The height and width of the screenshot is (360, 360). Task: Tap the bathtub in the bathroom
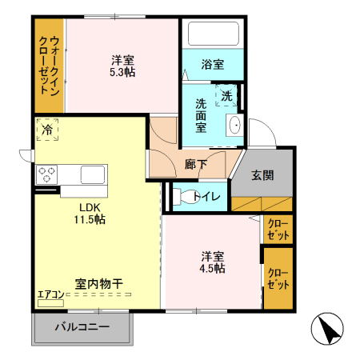[x=212, y=34]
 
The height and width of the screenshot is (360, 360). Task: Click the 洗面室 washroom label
[x=202, y=114]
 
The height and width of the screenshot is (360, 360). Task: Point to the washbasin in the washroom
[x=234, y=126]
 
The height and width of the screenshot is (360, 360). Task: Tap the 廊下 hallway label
[x=196, y=165]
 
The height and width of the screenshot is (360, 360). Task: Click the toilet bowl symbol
[x=182, y=196]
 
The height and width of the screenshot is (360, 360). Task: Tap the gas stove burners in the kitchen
[x=46, y=174]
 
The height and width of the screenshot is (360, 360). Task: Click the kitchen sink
[x=93, y=174]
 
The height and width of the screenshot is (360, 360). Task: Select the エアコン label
[x=50, y=294]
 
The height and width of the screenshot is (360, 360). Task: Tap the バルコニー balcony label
[x=82, y=326]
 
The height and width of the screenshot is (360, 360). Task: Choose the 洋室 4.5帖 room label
[x=212, y=262]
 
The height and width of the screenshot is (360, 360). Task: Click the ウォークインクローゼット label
[x=49, y=68]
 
